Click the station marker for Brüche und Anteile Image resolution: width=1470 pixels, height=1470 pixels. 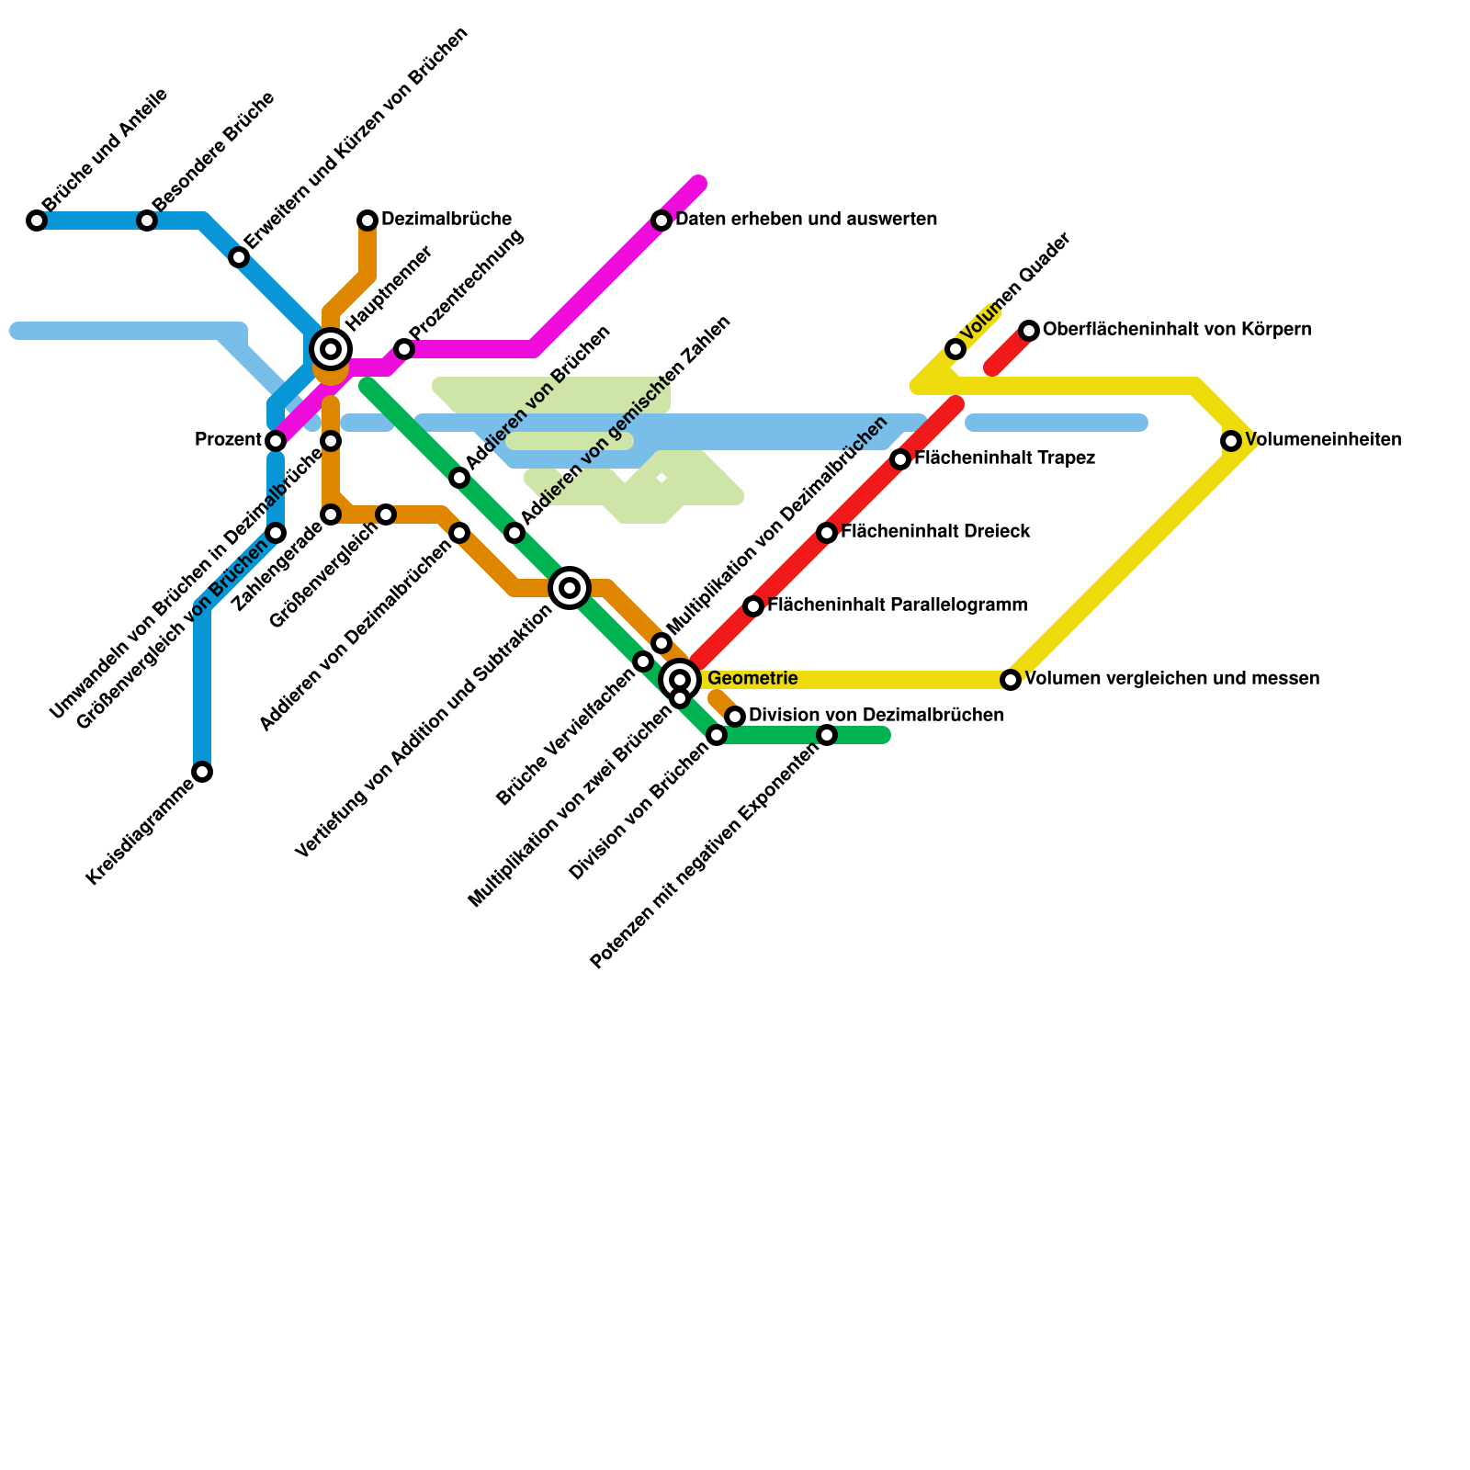click(x=37, y=220)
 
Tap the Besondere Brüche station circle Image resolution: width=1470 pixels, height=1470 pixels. click(x=147, y=220)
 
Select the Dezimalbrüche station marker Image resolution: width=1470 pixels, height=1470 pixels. click(x=367, y=220)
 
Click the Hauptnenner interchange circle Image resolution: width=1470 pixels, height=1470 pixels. click(x=331, y=349)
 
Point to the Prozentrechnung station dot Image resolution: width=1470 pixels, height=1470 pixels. click(x=404, y=349)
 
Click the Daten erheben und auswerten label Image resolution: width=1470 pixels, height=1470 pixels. click(x=806, y=220)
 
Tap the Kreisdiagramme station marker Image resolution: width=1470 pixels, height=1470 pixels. click(x=202, y=772)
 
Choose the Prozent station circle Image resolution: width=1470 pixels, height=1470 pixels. click(x=276, y=441)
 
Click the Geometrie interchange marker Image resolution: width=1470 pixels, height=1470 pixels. click(x=680, y=680)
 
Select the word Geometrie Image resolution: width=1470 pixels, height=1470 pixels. click(x=752, y=679)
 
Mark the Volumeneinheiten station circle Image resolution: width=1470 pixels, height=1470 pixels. click(x=1231, y=441)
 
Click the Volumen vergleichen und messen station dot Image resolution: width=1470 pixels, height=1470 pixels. click(x=1011, y=680)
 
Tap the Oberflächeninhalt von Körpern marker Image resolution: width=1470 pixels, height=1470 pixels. click(x=1029, y=331)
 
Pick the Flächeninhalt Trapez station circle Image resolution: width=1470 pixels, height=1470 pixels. click(x=900, y=459)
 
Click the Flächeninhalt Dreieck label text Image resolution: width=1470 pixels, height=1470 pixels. click(x=934, y=532)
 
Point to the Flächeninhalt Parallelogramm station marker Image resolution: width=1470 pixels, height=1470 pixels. click(x=753, y=606)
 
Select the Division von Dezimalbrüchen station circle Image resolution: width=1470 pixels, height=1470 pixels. click(x=735, y=717)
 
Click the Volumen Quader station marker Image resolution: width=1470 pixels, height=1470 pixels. click(x=955, y=349)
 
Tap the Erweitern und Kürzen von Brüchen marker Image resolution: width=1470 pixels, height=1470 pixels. click(x=239, y=257)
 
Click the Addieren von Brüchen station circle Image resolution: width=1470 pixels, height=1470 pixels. click(x=459, y=478)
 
